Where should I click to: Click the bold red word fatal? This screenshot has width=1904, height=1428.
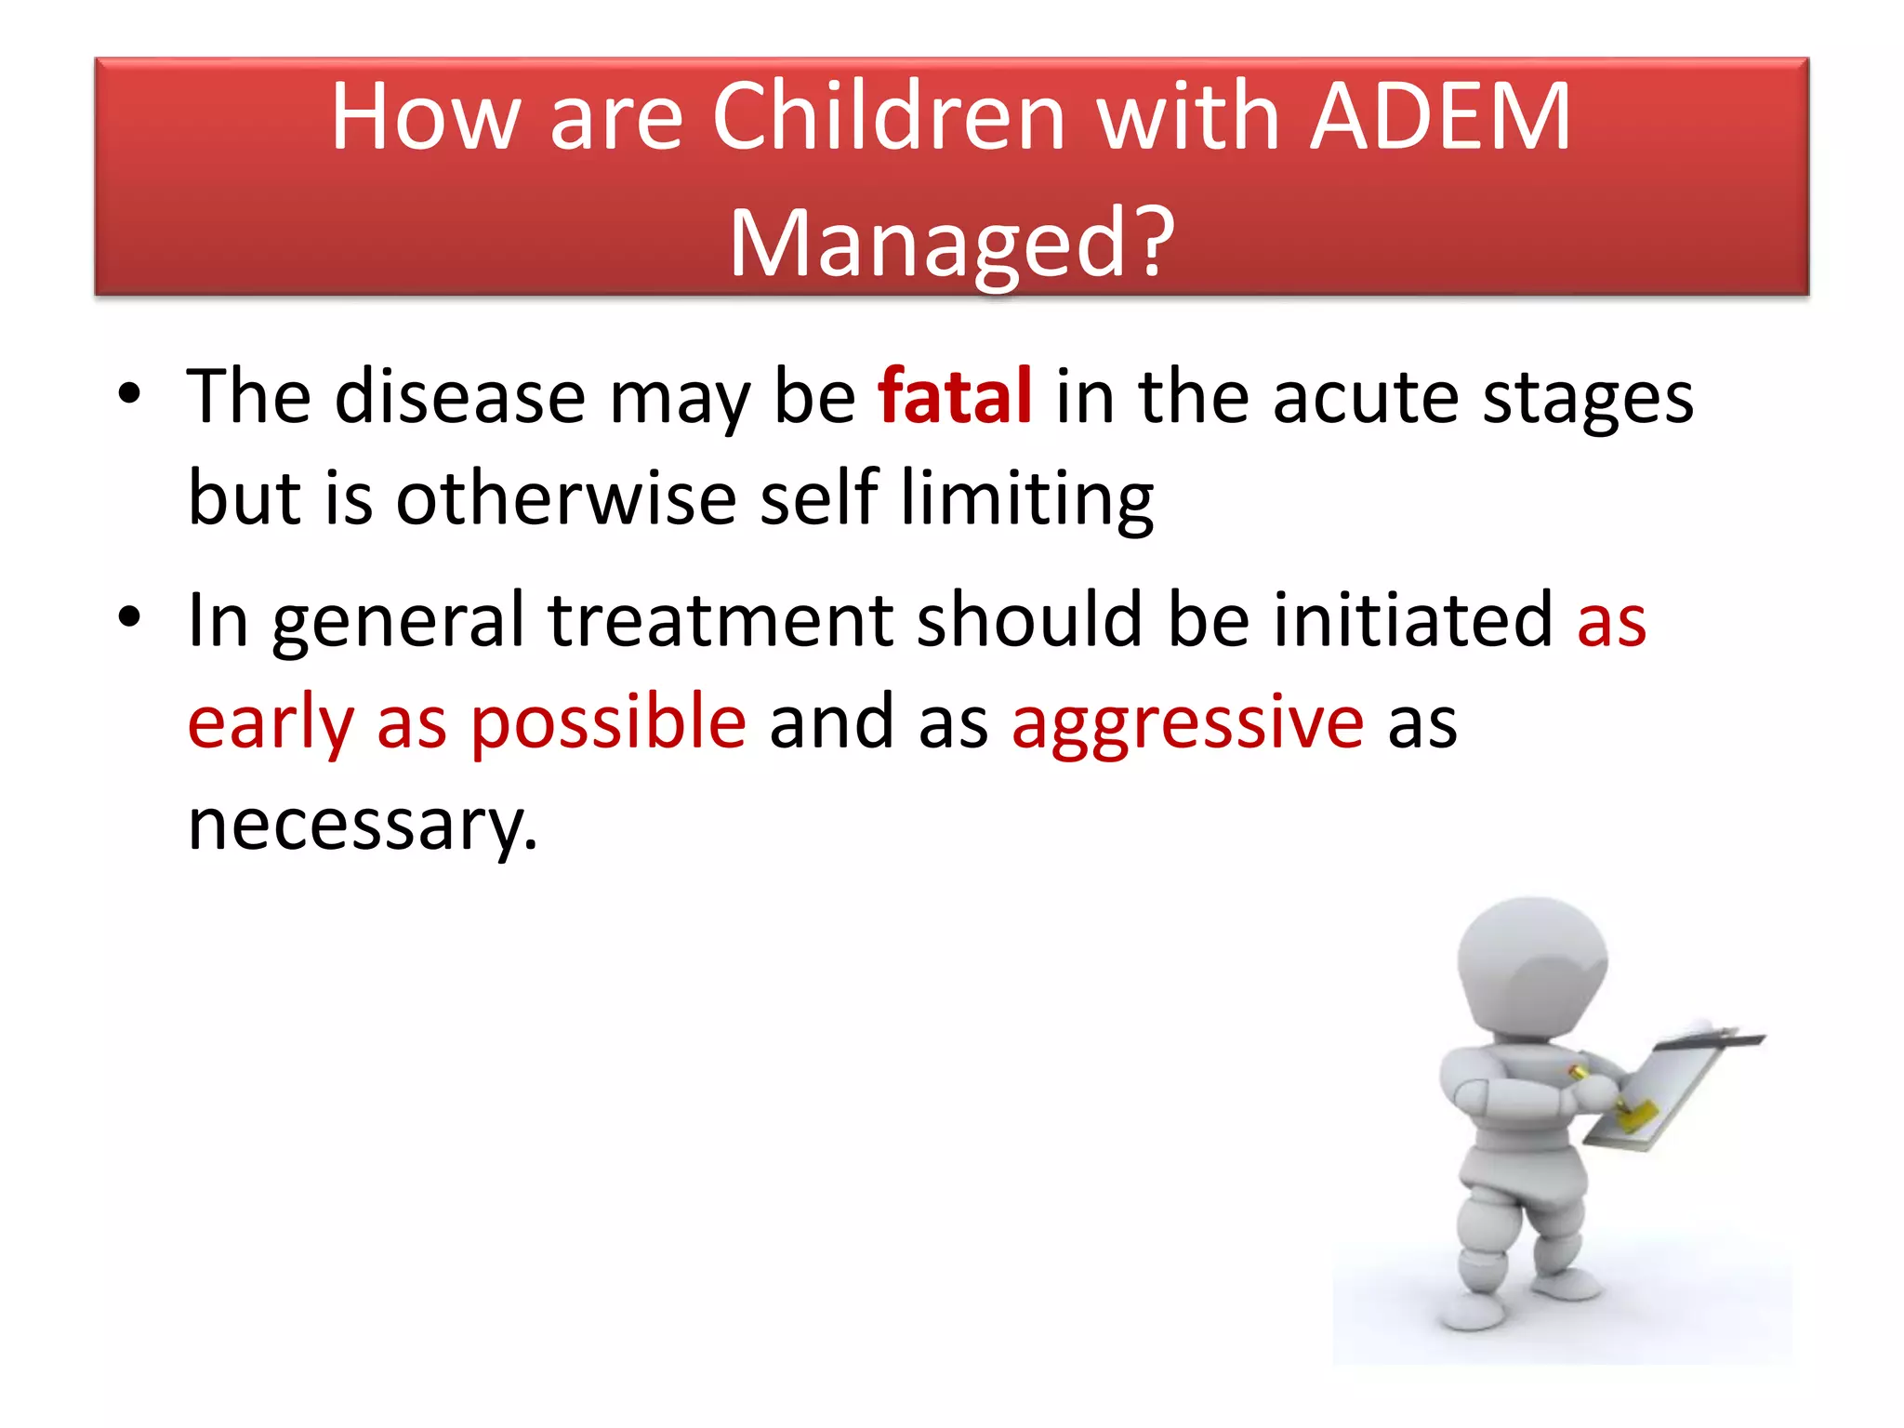(955, 397)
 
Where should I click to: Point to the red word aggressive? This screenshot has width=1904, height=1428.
(1187, 723)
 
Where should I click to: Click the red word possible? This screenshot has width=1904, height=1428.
(608, 723)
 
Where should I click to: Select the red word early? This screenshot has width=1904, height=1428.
(271, 723)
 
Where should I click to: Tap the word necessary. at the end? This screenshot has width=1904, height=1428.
(363, 825)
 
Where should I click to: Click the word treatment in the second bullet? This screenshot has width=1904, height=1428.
(720, 621)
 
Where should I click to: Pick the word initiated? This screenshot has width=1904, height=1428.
(1412, 621)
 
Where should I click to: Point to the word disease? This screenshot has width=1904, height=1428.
(460, 397)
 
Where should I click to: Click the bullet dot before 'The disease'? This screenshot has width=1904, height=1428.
(129, 395)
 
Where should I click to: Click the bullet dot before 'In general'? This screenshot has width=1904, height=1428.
(129, 617)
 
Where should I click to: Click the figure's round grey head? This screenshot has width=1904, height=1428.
(1531, 967)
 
